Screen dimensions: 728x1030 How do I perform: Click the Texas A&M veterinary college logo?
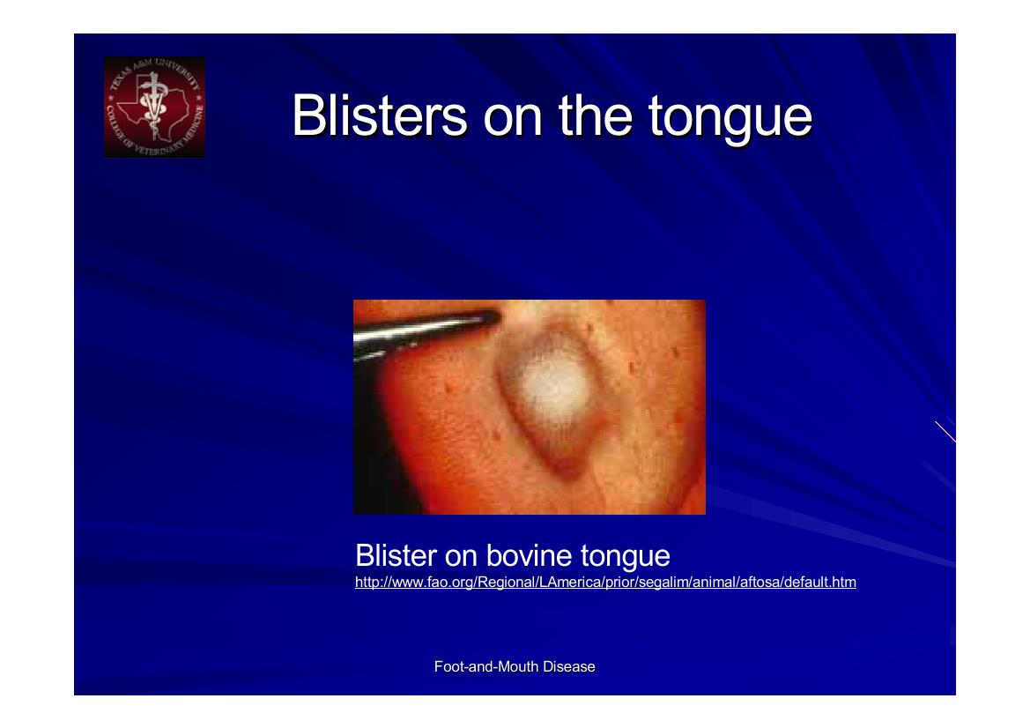(154, 107)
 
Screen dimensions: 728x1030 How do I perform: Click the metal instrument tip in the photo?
(480, 320)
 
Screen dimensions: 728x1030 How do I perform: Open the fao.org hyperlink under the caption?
(605, 583)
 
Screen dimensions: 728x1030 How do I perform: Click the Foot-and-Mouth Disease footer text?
(515, 667)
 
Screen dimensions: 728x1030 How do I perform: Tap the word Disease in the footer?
(569, 667)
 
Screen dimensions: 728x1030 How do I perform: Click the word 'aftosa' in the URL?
(761, 583)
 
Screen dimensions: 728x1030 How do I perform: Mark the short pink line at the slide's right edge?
(945, 431)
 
